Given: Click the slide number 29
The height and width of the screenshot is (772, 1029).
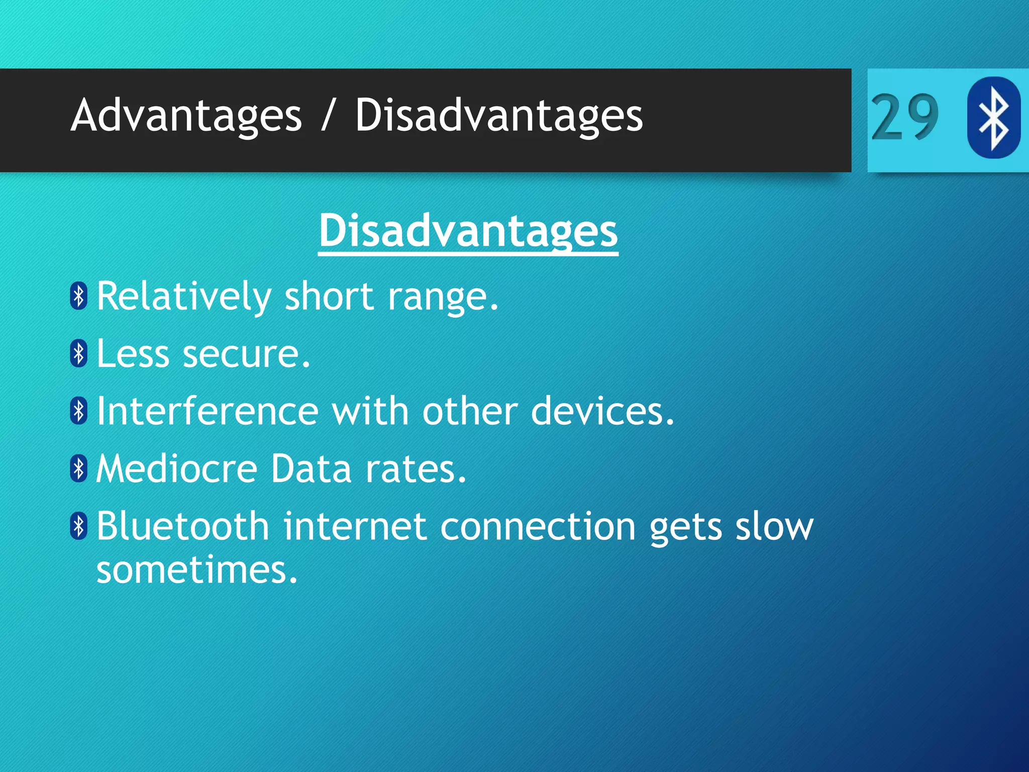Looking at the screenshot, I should coord(904,117).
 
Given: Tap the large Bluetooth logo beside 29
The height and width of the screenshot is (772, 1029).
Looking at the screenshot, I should coord(993,117).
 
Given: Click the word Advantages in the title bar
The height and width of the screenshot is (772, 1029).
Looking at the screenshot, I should coord(186,116).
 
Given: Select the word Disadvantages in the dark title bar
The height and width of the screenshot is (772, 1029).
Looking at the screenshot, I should coord(498,116).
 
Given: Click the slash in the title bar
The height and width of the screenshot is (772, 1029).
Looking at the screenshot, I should coord(328,116).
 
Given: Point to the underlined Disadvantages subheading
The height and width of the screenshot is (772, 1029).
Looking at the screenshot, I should coord(468,231).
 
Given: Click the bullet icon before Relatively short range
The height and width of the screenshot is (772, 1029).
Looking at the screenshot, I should coord(79,296).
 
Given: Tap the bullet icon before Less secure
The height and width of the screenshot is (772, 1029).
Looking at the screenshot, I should coord(79,353).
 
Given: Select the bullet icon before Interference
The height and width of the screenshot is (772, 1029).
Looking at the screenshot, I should coord(79,411).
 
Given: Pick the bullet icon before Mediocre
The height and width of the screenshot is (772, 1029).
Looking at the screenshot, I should coord(79,468).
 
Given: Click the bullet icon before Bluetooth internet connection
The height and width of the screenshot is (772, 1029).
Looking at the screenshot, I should coord(79,526).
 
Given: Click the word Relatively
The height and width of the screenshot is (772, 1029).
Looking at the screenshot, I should coord(184,297).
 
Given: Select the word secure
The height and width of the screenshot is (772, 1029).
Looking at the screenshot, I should coord(246,354).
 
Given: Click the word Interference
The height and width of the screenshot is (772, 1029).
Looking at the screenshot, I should coord(208,411).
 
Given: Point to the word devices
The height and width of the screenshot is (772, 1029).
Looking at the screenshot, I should coord(602,411).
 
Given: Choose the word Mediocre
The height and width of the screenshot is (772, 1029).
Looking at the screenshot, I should coord(177,469).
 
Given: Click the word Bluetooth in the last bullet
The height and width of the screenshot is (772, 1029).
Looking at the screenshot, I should coord(183,526).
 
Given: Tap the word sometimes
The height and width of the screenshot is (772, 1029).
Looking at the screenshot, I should coord(197,570).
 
